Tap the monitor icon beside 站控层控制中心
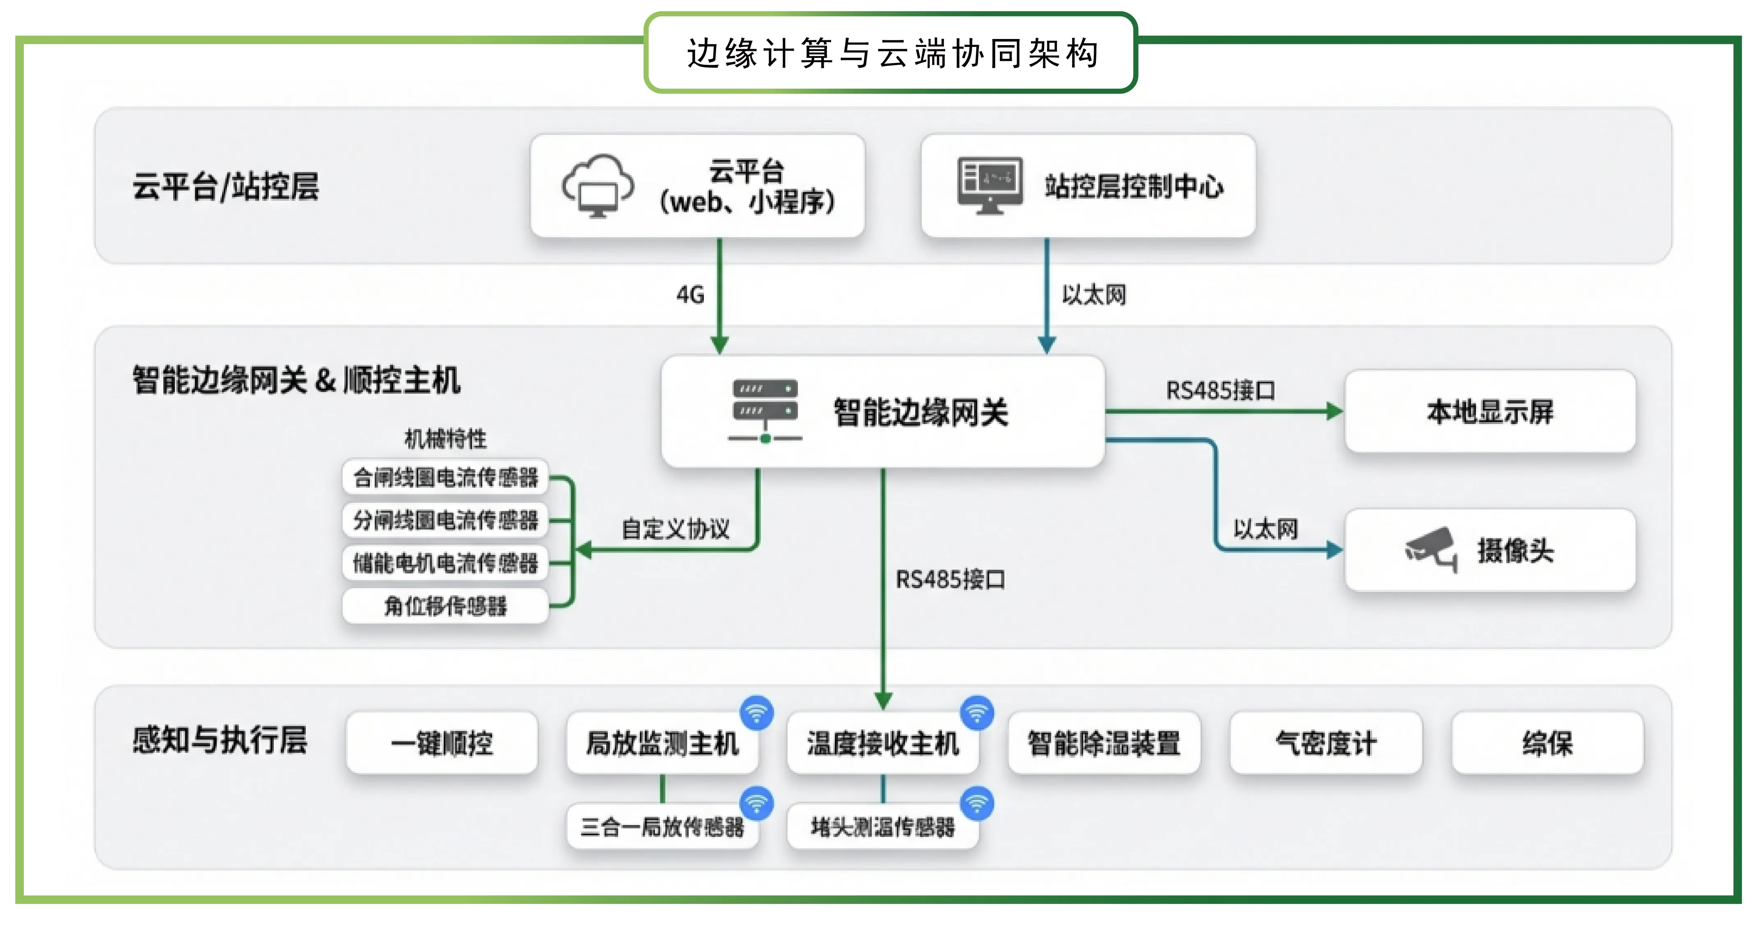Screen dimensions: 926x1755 click(989, 186)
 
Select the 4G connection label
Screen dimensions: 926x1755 click(690, 295)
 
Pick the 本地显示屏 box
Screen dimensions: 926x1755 click(1490, 412)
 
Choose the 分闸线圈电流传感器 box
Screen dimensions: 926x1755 click(446, 520)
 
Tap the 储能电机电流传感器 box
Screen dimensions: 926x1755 click(446, 563)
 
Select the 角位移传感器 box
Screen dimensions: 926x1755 click(446, 606)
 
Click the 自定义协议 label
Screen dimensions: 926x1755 click(675, 529)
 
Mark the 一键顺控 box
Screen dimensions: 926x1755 click(442, 743)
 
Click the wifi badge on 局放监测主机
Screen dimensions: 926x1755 click(756, 713)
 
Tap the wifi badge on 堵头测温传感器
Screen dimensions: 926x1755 click(977, 803)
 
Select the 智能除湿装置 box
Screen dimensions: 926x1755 click(1104, 743)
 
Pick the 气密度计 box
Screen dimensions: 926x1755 click(1326, 743)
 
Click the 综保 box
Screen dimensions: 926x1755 click(1547, 743)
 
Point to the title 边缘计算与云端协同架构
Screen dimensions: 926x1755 click(891, 53)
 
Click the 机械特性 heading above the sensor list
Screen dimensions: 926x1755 click(446, 438)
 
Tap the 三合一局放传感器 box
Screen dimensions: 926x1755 click(662, 827)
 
